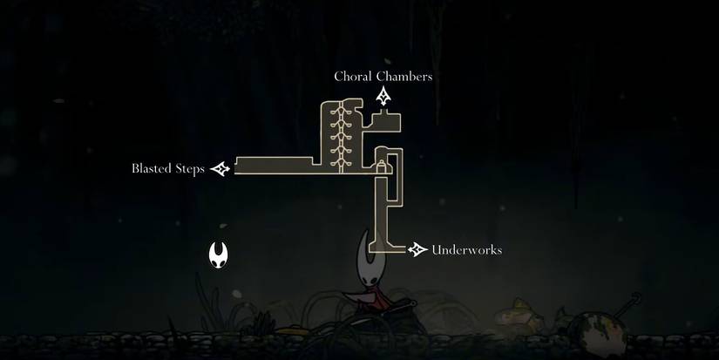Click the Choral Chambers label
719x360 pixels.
(383, 77)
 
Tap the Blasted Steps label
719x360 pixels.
(168, 169)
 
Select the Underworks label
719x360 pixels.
(466, 251)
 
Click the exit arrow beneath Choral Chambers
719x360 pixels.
(383, 97)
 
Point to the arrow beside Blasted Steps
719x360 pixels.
(220, 169)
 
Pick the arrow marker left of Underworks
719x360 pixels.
(418, 250)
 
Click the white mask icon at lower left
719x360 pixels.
(219, 255)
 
